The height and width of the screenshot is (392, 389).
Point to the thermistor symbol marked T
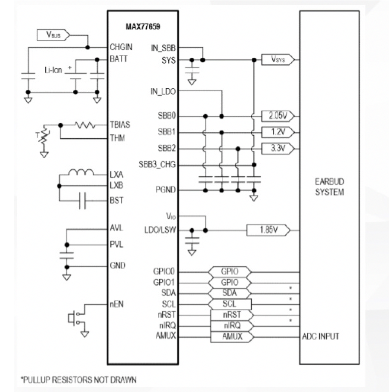pos(43,137)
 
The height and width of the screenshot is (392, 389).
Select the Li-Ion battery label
pos(53,70)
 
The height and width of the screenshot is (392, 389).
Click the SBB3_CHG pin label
pos(156,165)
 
